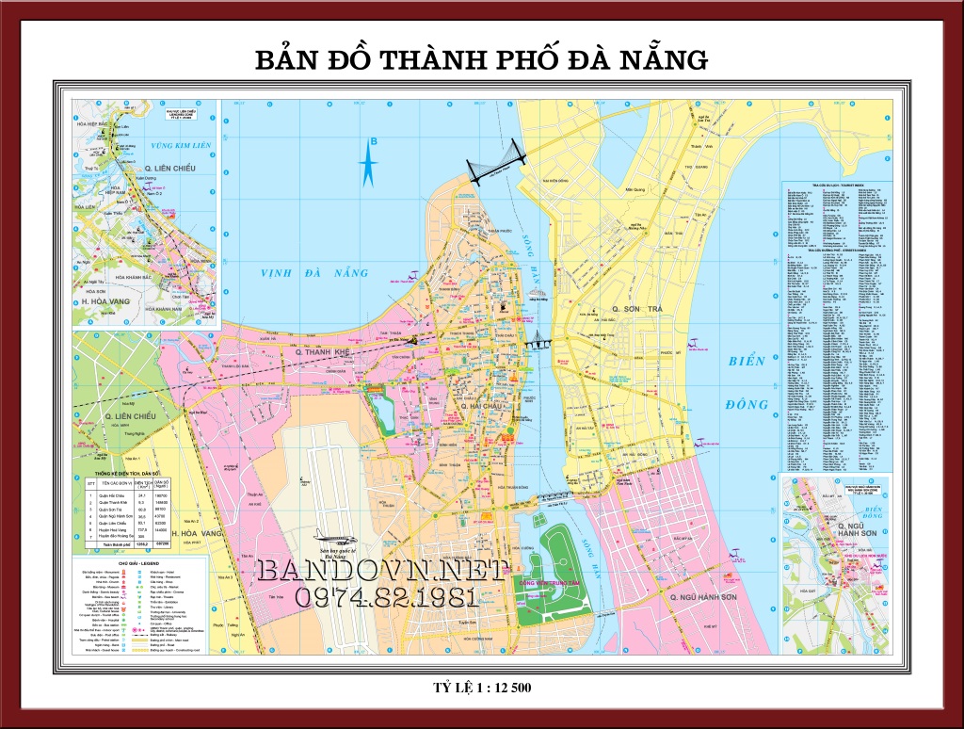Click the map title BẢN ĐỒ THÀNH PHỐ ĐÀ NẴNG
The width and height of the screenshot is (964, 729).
481,60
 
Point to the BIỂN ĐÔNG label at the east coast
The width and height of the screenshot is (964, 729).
748,382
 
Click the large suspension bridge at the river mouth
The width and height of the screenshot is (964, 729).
496,166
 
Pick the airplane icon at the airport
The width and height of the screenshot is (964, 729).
335,533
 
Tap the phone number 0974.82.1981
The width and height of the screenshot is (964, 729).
386,597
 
